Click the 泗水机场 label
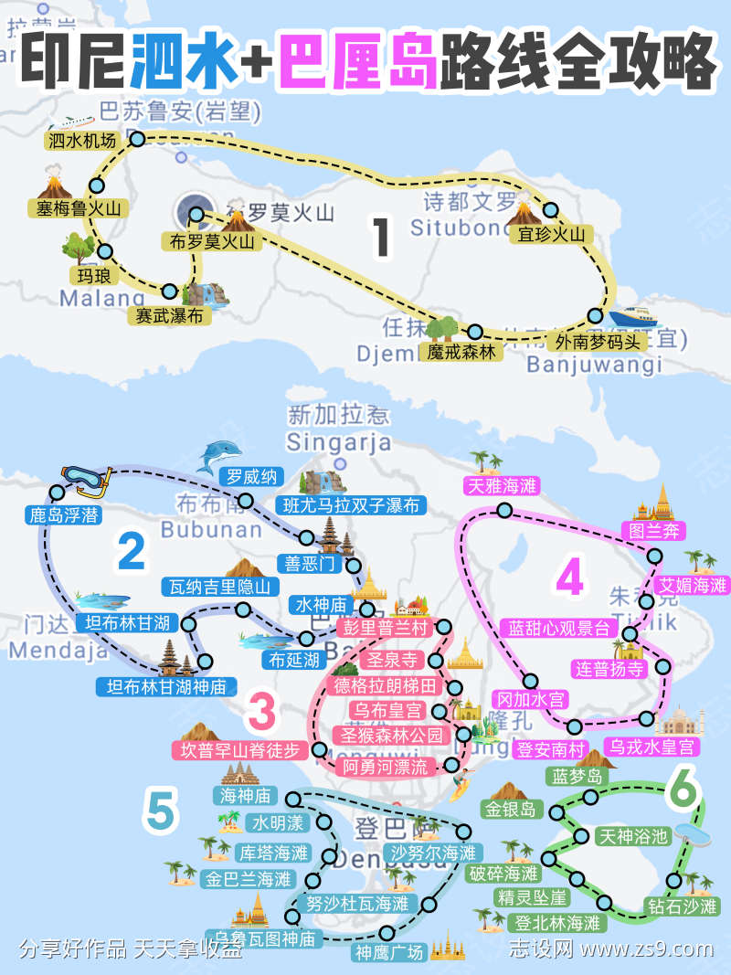pyautogui.click(x=82, y=141)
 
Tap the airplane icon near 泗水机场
pyautogui.click(x=73, y=121)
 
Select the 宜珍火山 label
pyautogui.click(x=551, y=235)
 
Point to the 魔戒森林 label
pyautogui.click(x=461, y=350)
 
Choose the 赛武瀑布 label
pyautogui.click(x=169, y=315)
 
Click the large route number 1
pyautogui.click(x=382, y=235)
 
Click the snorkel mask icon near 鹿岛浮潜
pyautogui.click(x=85, y=477)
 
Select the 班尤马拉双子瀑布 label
pyautogui.click(x=351, y=505)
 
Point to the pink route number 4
pyautogui.click(x=568, y=578)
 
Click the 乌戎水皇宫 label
pyautogui.click(x=653, y=747)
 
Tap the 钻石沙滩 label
pyautogui.click(x=682, y=906)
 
